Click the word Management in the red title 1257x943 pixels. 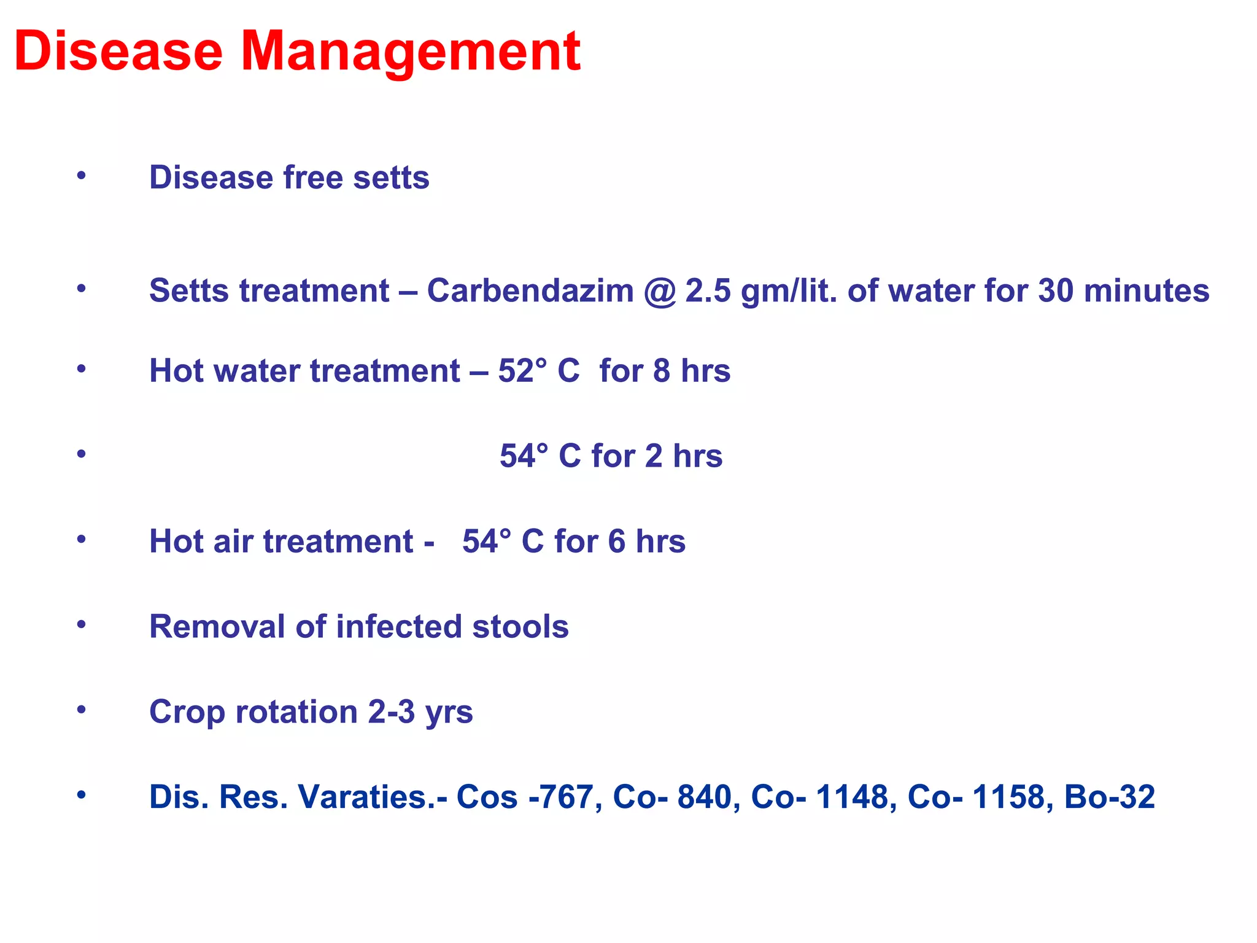pyautogui.click(x=410, y=52)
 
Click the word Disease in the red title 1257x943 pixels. pyautogui.click(x=118, y=52)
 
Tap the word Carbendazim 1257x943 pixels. pyautogui.click(x=530, y=290)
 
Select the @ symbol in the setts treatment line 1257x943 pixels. pyautogui.click(x=660, y=292)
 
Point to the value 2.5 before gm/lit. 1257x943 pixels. pyautogui.click(x=708, y=290)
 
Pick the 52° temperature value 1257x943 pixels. pyautogui.click(x=522, y=371)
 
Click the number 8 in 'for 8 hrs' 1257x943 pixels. pyautogui.click(x=662, y=371)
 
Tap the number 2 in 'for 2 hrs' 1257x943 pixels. pyautogui.click(x=654, y=456)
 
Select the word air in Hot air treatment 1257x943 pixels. pyautogui.click(x=233, y=541)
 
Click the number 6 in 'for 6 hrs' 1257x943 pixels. pyautogui.click(x=617, y=541)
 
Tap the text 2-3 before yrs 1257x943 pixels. pyautogui.click(x=392, y=712)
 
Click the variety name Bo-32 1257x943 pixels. pyautogui.click(x=1110, y=797)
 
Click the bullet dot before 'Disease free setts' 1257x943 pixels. pyautogui.click(x=81, y=176)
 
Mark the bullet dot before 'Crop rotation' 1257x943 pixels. pyautogui.click(x=81, y=710)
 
